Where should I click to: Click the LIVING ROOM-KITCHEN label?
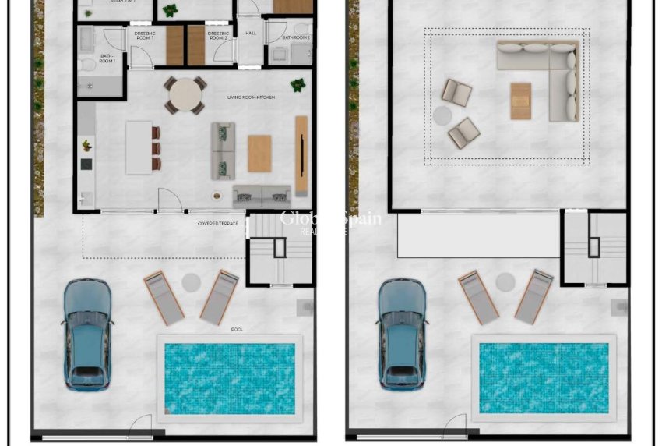pyautogui.click(x=251, y=97)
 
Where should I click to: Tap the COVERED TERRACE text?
pyautogui.click(x=218, y=224)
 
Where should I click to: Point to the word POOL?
pyautogui.click(x=237, y=329)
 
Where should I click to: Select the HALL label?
pyautogui.click(x=251, y=34)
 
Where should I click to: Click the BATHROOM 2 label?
pyautogui.click(x=296, y=37)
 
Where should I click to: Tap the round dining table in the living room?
pyautogui.click(x=185, y=95)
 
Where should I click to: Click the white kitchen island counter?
pyautogui.click(x=139, y=147)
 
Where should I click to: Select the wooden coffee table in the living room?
pyautogui.click(x=259, y=153)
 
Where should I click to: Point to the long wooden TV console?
pyautogui.click(x=301, y=156)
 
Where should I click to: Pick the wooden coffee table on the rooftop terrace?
pyautogui.click(x=521, y=101)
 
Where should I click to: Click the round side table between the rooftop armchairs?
pyautogui.click(x=442, y=115)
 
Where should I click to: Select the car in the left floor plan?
pyautogui.click(x=86, y=334)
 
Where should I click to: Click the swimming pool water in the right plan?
pyautogui.click(x=544, y=378)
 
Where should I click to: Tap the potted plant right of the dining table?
pyautogui.click(x=298, y=84)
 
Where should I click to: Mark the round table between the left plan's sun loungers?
pyautogui.click(x=192, y=282)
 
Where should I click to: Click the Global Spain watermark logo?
pyautogui.click(x=330, y=220)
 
